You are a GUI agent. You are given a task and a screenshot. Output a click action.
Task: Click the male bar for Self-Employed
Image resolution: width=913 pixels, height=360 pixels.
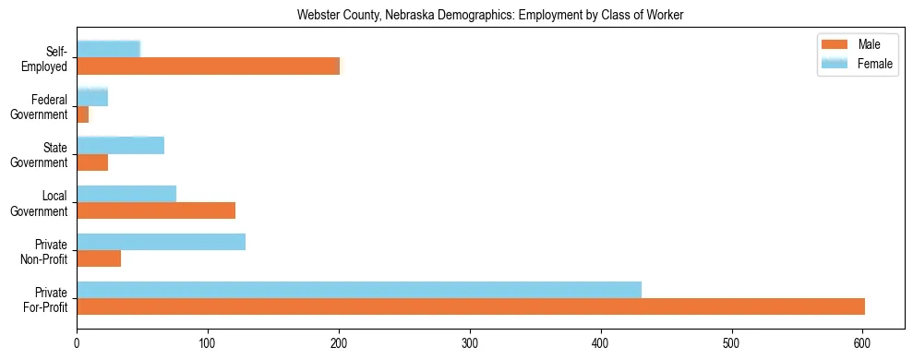pyautogui.click(x=208, y=66)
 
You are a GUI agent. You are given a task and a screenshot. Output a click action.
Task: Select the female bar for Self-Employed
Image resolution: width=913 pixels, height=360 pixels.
pyautogui.click(x=108, y=49)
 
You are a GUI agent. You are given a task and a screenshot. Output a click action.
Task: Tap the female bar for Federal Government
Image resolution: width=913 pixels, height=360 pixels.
pyautogui.click(x=92, y=97)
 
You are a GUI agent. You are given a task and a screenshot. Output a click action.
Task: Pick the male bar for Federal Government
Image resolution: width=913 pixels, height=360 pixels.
pyautogui.click(x=83, y=114)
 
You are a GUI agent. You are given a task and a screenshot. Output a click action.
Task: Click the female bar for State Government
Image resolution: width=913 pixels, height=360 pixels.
pyautogui.click(x=120, y=145)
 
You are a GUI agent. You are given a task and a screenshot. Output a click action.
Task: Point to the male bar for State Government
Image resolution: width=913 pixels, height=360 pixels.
pyautogui.click(x=92, y=162)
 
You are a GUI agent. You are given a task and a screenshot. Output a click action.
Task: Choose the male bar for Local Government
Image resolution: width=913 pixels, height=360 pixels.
pyautogui.click(x=156, y=210)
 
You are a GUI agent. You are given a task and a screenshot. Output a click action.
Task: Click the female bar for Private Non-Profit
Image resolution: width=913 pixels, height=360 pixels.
pyautogui.click(x=161, y=241)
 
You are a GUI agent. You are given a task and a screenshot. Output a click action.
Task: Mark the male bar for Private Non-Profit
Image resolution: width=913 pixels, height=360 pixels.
pyautogui.click(x=99, y=258)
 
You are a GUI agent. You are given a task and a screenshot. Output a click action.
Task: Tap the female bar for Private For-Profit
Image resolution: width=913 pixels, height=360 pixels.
pyautogui.click(x=359, y=289)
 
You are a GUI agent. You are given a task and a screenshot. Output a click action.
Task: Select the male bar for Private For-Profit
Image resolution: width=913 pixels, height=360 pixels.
pyautogui.click(x=471, y=306)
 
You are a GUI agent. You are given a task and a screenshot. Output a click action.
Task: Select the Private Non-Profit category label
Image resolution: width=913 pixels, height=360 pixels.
pyautogui.click(x=46, y=251)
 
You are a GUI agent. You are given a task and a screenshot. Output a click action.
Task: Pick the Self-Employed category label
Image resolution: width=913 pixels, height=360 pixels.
pyautogui.click(x=49, y=59)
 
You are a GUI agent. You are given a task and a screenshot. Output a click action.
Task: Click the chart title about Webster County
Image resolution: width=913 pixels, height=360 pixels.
pyautogui.click(x=490, y=16)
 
